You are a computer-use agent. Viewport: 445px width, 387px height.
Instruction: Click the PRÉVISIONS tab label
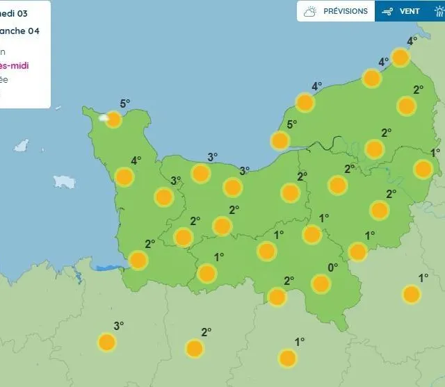click(346, 11)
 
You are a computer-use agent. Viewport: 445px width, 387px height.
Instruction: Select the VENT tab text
click(410, 11)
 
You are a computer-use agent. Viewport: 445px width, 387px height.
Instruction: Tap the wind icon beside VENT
click(388, 11)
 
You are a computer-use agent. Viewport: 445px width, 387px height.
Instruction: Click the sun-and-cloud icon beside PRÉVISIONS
click(310, 11)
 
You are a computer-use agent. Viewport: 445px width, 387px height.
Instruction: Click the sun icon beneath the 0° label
click(321, 283)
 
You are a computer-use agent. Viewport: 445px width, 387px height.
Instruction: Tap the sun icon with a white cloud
click(111, 119)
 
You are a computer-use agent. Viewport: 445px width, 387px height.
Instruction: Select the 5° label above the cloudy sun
click(124, 104)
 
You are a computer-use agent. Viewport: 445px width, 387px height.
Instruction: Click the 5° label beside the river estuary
click(292, 124)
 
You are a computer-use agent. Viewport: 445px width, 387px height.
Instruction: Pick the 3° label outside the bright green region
click(118, 325)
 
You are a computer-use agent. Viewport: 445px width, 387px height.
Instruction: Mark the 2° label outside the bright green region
click(206, 332)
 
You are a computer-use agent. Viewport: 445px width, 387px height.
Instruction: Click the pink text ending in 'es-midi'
click(14, 66)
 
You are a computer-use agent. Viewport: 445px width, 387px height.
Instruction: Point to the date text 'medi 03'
click(14, 13)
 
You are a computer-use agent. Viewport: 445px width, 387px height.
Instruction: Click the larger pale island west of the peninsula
click(65, 181)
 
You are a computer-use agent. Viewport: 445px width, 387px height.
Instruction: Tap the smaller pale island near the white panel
click(22, 146)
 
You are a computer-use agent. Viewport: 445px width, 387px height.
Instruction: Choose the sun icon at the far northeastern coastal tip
click(400, 57)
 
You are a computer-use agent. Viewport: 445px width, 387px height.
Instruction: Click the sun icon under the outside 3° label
click(106, 342)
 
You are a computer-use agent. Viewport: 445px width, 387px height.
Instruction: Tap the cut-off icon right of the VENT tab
click(439, 11)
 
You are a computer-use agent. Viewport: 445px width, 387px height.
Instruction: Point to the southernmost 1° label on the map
click(300, 342)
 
